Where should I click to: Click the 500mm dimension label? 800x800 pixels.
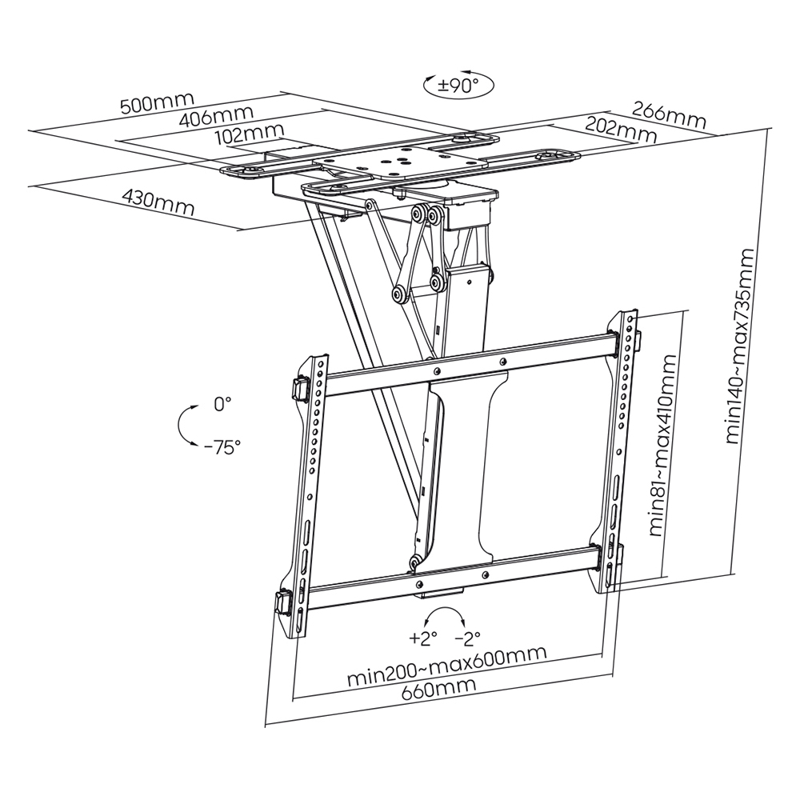point(156,103)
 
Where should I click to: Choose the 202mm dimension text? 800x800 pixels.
point(621,128)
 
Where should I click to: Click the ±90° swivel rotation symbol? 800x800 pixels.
point(459,86)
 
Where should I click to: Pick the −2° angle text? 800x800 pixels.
point(467,638)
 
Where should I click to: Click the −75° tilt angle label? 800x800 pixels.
point(222,447)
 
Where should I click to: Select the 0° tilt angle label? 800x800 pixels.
point(222,404)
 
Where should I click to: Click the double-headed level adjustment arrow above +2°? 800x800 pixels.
point(445,617)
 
